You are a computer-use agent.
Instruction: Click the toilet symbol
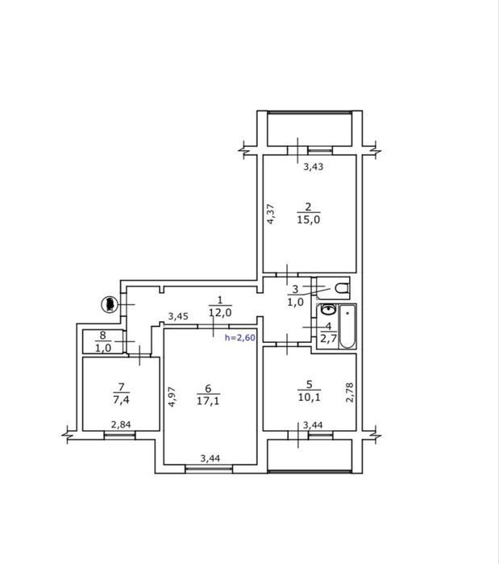(x=342, y=288)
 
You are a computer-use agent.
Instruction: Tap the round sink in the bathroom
(x=328, y=309)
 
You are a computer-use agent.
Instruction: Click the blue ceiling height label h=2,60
(x=240, y=337)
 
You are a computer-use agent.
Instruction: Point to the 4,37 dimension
(x=271, y=215)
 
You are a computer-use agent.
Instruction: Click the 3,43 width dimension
(x=314, y=166)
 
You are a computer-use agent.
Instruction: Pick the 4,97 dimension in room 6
(x=172, y=397)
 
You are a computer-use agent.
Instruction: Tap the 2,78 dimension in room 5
(x=350, y=392)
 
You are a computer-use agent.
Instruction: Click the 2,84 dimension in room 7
(x=121, y=424)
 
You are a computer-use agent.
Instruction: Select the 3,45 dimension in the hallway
(x=178, y=316)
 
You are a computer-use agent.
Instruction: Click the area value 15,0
(x=308, y=219)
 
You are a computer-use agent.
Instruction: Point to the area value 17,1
(x=208, y=400)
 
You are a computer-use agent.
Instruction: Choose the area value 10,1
(x=309, y=397)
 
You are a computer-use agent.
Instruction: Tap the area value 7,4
(x=121, y=399)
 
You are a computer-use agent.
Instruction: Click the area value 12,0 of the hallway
(x=220, y=312)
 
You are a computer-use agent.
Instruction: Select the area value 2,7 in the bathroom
(x=328, y=338)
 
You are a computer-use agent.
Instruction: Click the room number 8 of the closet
(x=102, y=335)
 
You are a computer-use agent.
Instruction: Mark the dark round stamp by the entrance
(x=110, y=304)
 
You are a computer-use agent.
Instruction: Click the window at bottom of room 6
(x=209, y=468)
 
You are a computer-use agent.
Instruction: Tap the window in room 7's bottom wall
(x=119, y=435)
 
